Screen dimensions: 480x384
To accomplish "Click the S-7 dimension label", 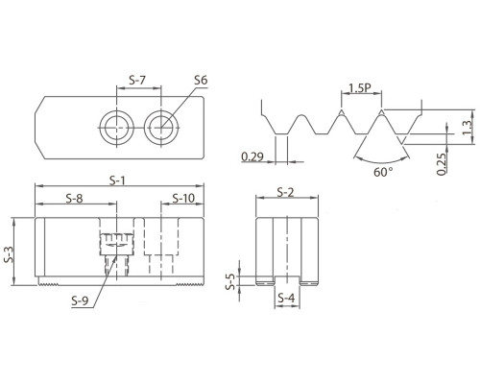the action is (137, 80).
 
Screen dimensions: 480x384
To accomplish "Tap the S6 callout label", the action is (201, 80).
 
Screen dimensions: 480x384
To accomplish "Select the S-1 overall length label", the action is (117, 181).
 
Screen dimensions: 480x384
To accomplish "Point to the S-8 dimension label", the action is (74, 199).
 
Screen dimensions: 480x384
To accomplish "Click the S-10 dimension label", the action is (183, 199).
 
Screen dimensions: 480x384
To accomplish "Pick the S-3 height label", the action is (10, 254).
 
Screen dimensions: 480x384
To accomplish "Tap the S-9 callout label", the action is (80, 300).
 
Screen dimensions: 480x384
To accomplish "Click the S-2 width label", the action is (285, 192).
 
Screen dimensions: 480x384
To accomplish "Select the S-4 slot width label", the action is (286, 299).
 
